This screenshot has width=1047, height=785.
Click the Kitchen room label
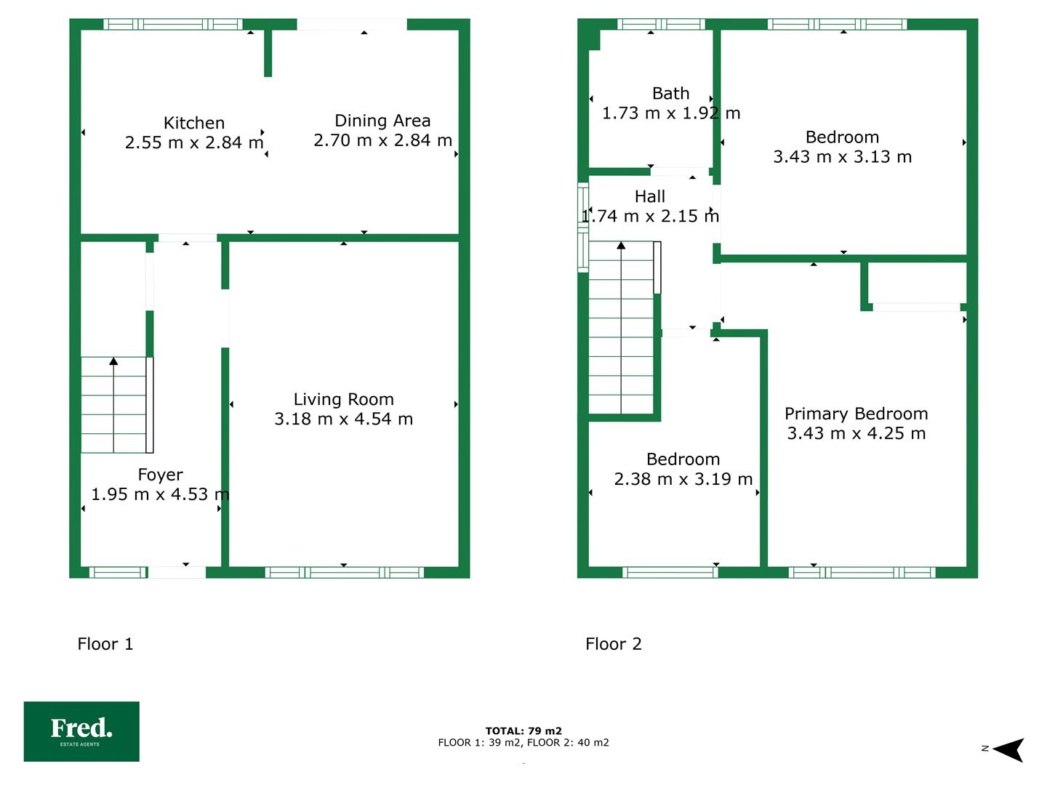tap(193, 123)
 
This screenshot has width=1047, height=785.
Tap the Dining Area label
tap(382, 121)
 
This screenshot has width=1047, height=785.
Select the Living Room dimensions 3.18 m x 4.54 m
tap(343, 419)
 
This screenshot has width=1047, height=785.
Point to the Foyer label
tap(160, 475)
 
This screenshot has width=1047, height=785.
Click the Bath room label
tap(670, 94)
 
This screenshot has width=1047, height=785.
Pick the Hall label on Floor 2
tap(650, 196)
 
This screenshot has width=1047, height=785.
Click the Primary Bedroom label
tap(857, 414)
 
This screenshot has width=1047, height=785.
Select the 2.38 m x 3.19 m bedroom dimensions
tap(683, 479)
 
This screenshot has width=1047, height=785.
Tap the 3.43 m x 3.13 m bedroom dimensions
tap(843, 157)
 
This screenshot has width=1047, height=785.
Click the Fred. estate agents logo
tap(81, 732)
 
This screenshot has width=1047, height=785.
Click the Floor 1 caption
tap(105, 644)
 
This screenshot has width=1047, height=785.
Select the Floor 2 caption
tap(614, 644)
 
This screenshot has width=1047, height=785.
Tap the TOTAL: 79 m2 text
tap(523, 730)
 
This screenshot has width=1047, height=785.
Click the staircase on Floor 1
tap(117, 405)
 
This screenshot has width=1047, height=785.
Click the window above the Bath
tap(661, 24)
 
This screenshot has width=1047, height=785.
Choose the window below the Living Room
tap(345, 573)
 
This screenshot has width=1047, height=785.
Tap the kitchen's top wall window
tap(172, 24)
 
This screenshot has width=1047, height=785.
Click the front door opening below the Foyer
tap(177, 573)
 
